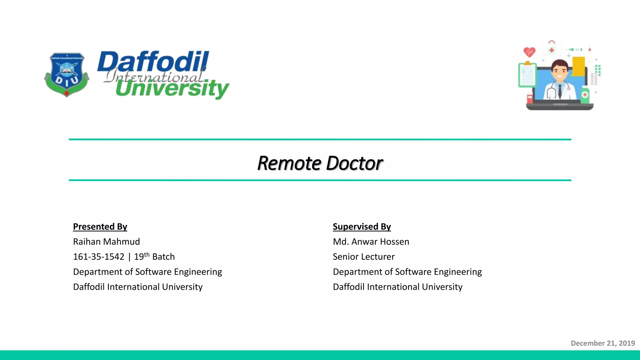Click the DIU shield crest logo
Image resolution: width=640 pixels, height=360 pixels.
coord(67,75)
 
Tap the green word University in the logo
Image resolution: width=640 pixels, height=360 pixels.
coord(172,88)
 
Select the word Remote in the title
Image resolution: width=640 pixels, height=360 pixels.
coord(289,163)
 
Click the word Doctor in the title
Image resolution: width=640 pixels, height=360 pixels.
coord(354,163)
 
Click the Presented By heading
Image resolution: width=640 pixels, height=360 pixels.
coord(100,227)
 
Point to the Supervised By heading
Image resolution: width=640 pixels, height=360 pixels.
coord(362,227)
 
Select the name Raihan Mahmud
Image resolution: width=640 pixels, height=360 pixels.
coord(106,242)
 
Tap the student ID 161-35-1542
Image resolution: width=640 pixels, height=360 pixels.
coord(98,257)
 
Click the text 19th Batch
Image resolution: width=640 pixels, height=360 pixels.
coord(154,257)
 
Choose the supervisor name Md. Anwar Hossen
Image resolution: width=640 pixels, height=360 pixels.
coord(371,242)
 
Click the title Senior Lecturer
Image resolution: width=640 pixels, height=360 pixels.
coord(363,257)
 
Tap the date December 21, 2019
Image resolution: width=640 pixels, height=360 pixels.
coord(602,343)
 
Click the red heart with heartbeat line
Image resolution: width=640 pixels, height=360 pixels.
coord(529,52)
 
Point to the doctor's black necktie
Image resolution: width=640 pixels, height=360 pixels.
coord(560,90)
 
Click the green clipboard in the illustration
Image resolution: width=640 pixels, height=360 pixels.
coord(527,75)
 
